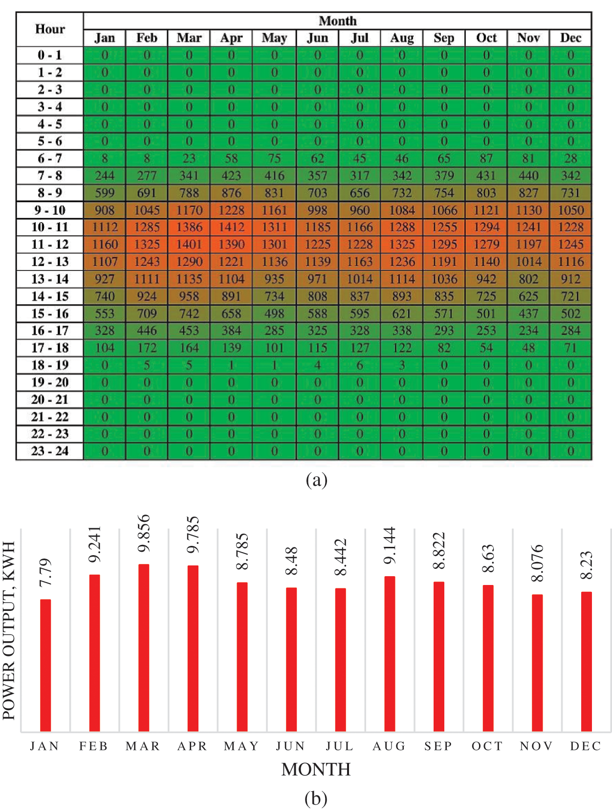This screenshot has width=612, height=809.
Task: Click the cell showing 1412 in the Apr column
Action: pos(231,227)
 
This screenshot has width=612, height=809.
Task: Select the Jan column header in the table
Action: pos(105,38)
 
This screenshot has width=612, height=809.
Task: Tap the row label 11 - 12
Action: pos(50,244)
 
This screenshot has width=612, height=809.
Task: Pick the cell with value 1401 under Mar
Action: pos(189,244)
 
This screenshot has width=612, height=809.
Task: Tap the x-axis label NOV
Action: pos(536,746)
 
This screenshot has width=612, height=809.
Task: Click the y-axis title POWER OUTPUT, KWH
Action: pos(9,630)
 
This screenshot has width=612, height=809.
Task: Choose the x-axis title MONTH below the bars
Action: pos(316,769)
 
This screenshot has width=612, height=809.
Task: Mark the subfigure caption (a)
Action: pos(316,480)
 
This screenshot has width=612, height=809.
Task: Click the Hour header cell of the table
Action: pos(50,29)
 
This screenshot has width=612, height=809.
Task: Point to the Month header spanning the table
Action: pos(337,21)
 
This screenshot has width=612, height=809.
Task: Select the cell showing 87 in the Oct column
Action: pos(486,158)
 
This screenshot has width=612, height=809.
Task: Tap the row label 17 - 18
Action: pos(50,348)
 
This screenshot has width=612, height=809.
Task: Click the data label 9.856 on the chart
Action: pos(144,533)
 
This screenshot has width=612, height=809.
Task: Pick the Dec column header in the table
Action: pos(570,38)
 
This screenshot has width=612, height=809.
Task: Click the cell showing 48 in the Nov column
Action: pos(528,348)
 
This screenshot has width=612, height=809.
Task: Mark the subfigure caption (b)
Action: pos(316,798)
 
